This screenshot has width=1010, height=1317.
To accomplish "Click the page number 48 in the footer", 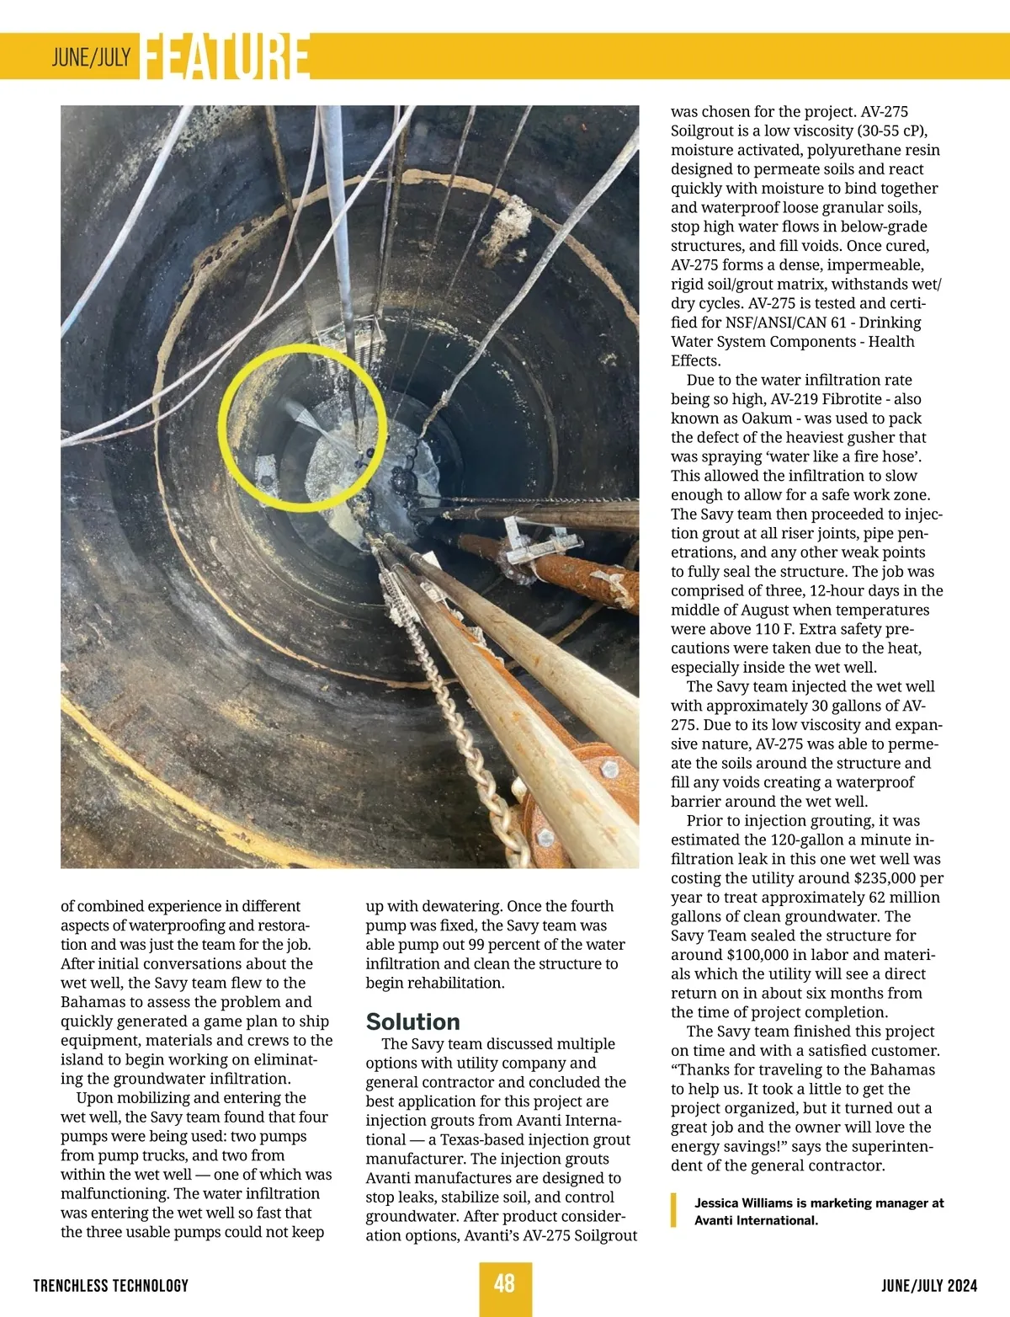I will click(504, 1283).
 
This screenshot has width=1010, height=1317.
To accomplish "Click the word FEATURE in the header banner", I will click(226, 57).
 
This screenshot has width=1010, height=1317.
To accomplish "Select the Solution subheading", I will click(412, 1021).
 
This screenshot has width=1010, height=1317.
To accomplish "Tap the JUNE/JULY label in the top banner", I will click(91, 57).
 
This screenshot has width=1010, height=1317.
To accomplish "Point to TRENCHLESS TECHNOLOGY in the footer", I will click(110, 1286).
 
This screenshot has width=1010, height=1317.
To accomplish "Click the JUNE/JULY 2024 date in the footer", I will click(929, 1286).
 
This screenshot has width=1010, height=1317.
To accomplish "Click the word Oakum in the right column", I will click(767, 419).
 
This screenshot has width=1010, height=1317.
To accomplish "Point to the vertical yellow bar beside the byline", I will click(673, 1211).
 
